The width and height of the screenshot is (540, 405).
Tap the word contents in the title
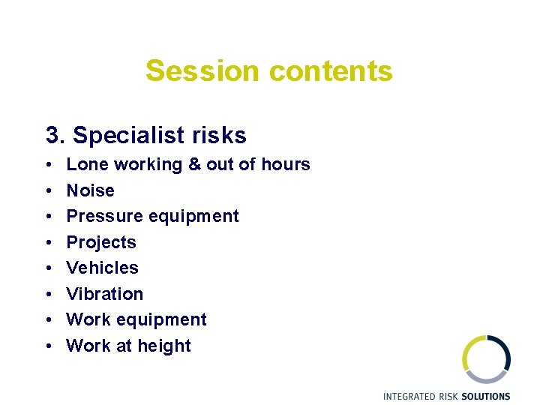tap(330, 71)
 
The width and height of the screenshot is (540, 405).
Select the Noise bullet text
tap(91, 190)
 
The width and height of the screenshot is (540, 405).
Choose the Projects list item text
tap(101, 242)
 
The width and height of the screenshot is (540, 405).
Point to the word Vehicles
tap(103, 268)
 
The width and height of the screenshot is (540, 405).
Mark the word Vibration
tap(105, 294)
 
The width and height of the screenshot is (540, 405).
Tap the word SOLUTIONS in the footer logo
tap(485, 396)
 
